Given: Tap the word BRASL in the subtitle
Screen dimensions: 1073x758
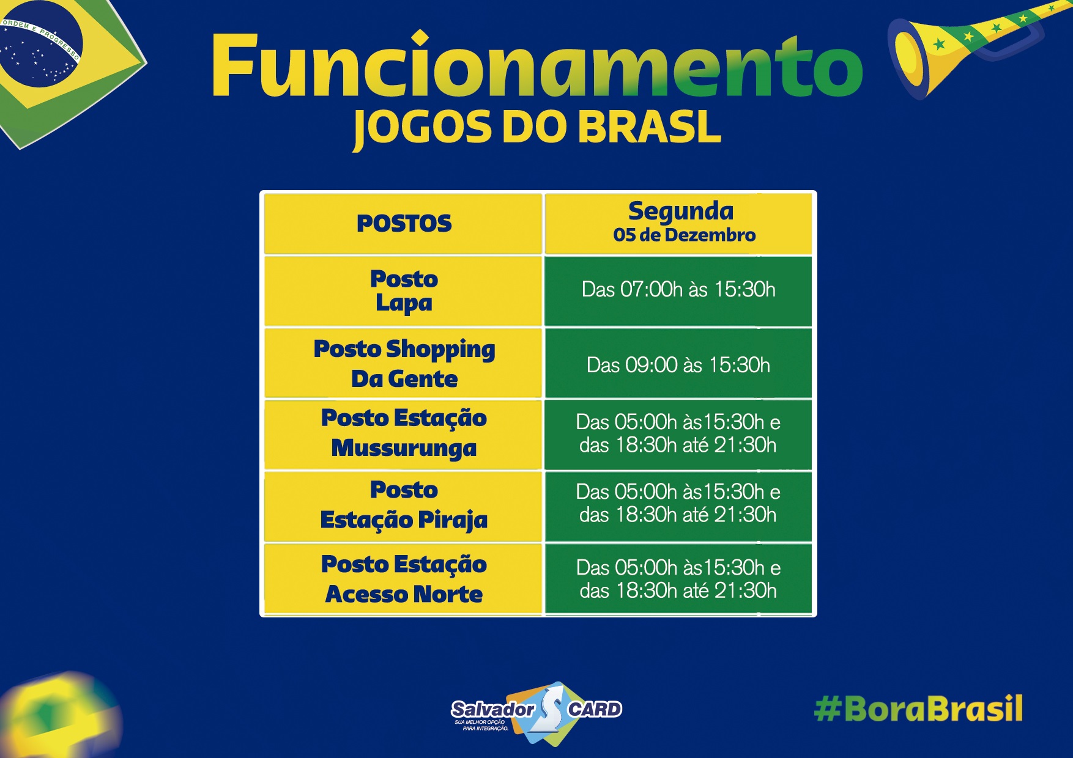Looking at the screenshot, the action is (x=649, y=127).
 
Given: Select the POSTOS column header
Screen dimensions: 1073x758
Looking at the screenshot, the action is (x=404, y=223).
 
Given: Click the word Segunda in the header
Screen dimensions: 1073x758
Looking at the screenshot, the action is (x=681, y=212).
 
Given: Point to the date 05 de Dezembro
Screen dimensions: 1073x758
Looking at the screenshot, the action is (x=685, y=235).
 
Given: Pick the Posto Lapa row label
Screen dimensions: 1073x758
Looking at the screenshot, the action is (x=404, y=291).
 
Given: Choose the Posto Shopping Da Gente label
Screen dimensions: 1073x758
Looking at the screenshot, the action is (x=404, y=364).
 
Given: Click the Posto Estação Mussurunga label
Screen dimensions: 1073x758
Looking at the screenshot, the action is (x=404, y=433).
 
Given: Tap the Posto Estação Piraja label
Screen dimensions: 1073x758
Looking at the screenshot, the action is (x=404, y=506).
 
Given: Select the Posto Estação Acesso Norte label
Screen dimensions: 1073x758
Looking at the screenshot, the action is (x=404, y=579).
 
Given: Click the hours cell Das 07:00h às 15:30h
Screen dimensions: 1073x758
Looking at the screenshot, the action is (x=678, y=289).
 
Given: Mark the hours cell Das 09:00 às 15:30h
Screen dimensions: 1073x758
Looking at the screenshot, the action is (x=678, y=365).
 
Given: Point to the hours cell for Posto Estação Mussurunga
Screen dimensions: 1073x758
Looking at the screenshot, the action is (x=678, y=433).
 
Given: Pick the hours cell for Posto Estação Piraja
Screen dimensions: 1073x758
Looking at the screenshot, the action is (x=678, y=503).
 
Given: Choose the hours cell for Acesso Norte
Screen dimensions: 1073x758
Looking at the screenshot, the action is (x=678, y=579).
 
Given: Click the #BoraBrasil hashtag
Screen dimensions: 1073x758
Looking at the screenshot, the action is (x=918, y=708).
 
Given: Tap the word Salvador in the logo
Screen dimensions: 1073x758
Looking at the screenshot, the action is (x=492, y=709).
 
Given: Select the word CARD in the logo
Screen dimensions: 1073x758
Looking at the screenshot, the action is (x=595, y=709).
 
